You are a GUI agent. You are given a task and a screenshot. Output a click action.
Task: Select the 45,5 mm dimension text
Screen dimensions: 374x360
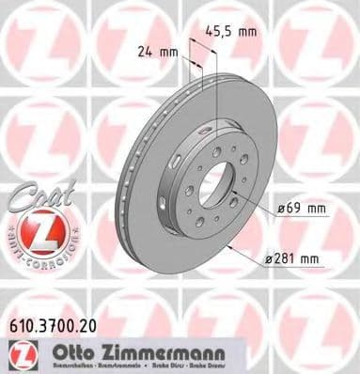tap(235, 31)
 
